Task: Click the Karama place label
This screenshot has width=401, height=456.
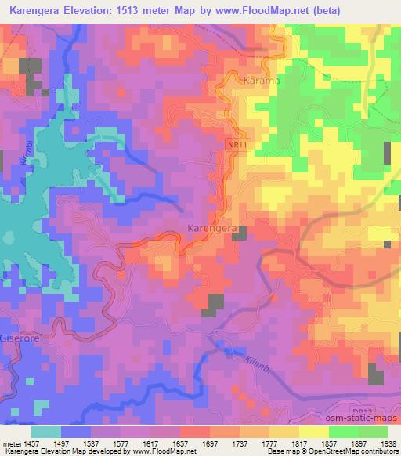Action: tap(262, 81)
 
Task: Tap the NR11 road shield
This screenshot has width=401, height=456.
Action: tap(240, 146)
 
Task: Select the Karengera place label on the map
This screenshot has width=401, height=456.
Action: tap(211, 228)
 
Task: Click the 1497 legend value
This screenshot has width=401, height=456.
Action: tap(77, 443)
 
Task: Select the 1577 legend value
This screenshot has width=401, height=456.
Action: tap(138, 443)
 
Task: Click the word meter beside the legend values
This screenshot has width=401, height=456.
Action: tap(13, 443)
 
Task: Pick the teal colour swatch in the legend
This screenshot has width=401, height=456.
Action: tap(46, 432)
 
